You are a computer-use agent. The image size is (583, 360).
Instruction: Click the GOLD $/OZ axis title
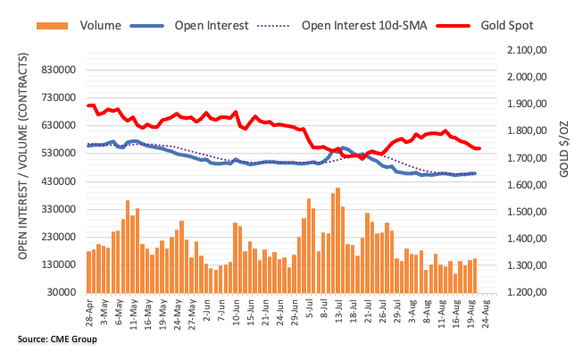(564, 144)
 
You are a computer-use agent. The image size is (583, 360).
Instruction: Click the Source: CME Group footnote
(56, 339)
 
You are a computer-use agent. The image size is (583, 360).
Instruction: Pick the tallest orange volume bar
(338, 239)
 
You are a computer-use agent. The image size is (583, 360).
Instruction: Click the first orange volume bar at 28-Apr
(88, 272)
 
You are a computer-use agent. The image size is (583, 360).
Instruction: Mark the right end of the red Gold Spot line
(480, 148)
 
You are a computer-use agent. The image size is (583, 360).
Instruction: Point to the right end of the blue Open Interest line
(474, 173)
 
